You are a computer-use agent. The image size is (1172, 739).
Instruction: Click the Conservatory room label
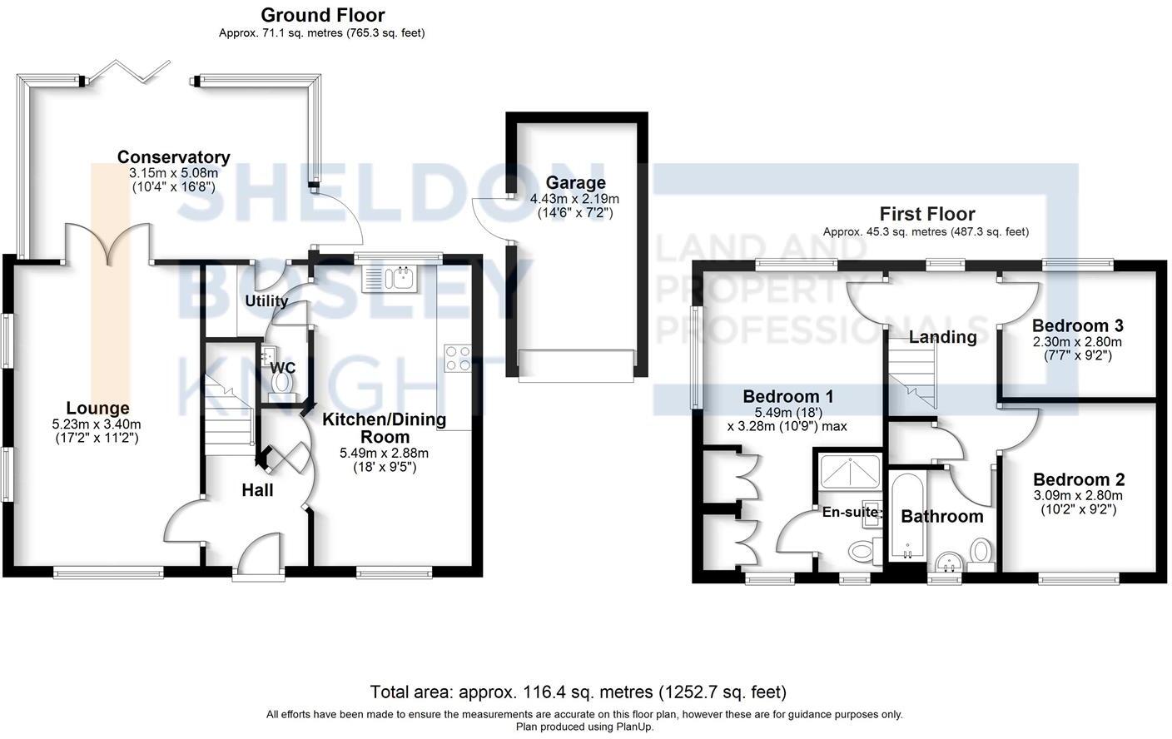[173, 157]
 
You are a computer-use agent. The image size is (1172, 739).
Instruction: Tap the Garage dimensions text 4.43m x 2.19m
[574, 199]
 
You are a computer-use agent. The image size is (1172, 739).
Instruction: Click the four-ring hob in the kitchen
[457, 358]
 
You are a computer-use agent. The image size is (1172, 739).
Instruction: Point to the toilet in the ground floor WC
[282, 382]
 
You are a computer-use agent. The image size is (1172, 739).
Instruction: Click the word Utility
[266, 301]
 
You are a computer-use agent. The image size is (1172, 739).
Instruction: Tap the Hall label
[257, 490]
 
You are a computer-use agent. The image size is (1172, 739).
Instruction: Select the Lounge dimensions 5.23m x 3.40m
[97, 424]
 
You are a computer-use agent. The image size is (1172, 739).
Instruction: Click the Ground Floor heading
[322, 15]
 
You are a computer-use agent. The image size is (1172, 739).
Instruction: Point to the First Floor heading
[926, 215]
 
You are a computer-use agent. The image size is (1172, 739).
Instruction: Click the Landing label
[942, 337]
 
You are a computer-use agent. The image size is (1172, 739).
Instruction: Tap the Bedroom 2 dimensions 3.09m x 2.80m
[1078, 495]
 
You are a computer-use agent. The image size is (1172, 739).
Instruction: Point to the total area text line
[578, 692]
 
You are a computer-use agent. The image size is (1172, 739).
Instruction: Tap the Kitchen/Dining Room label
[384, 428]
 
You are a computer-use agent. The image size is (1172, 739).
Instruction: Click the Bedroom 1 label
[787, 396]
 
